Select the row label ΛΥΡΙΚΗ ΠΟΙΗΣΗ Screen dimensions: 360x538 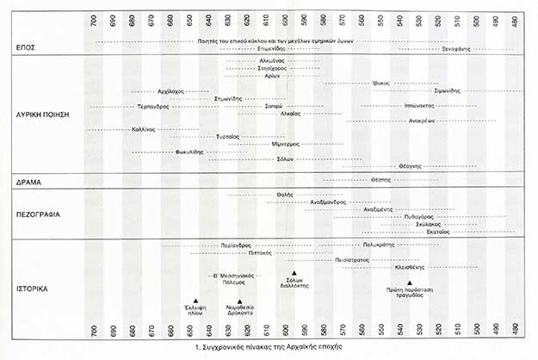(41, 114)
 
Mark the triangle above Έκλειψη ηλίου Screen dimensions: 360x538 (198, 301)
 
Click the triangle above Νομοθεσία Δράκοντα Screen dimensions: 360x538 (238, 301)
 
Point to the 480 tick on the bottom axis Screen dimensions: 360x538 (515, 331)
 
